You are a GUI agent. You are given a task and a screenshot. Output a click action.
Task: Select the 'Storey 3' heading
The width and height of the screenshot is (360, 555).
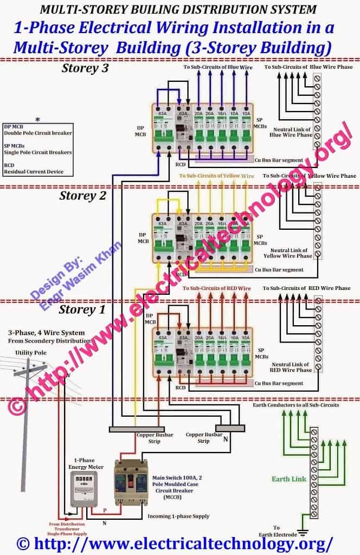(x=85, y=68)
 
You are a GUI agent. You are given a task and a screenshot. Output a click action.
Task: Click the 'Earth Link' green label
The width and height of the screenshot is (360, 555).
(x=289, y=479)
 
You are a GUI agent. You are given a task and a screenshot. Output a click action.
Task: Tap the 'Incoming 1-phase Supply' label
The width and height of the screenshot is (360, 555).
(x=179, y=516)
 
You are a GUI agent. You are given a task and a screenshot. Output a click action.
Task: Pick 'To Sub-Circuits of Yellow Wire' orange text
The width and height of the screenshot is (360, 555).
(x=216, y=176)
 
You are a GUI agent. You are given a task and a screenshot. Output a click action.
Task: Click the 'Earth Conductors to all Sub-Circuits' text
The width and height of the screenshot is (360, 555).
(x=296, y=405)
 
